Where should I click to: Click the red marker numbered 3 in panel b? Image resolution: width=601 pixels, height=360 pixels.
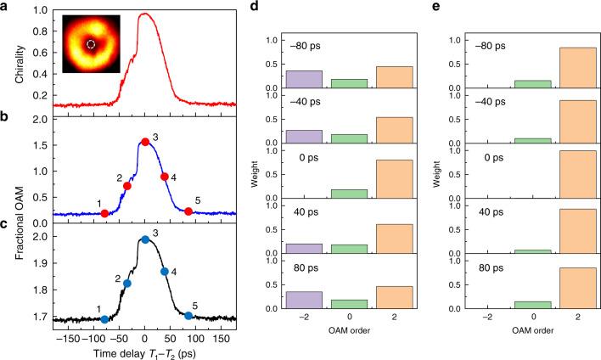tap(145, 141)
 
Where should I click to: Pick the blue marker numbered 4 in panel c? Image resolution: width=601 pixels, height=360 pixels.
tap(165, 272)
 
